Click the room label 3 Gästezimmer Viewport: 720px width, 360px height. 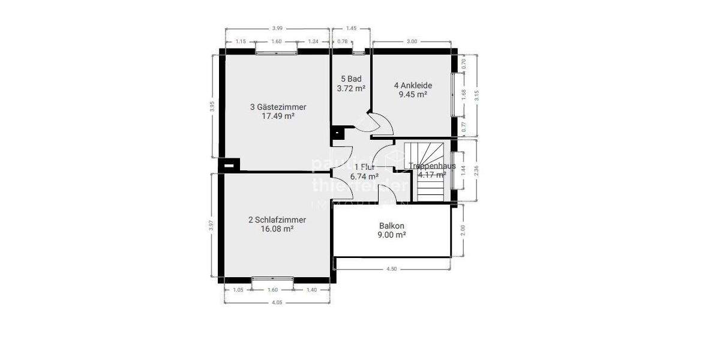click(278, 107)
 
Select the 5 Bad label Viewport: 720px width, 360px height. click(351, 79)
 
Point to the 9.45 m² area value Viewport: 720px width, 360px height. click(413, 94)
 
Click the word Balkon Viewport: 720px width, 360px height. click(392, 226)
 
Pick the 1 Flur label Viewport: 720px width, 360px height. click(364, 167)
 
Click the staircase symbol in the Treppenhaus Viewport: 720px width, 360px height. click(428, 171)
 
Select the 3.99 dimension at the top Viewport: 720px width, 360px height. click(277, 28)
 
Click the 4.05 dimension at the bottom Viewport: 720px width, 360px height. click(277, 302)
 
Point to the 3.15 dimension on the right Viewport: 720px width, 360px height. click(476, 95)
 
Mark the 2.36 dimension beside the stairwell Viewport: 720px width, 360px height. click(476, 170)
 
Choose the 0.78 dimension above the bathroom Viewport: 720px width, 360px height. click(342, 41)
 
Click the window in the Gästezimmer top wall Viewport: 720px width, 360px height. click(277, 53)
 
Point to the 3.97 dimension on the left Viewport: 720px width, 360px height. click(212, 225)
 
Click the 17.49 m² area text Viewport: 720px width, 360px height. click(278, 116)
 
